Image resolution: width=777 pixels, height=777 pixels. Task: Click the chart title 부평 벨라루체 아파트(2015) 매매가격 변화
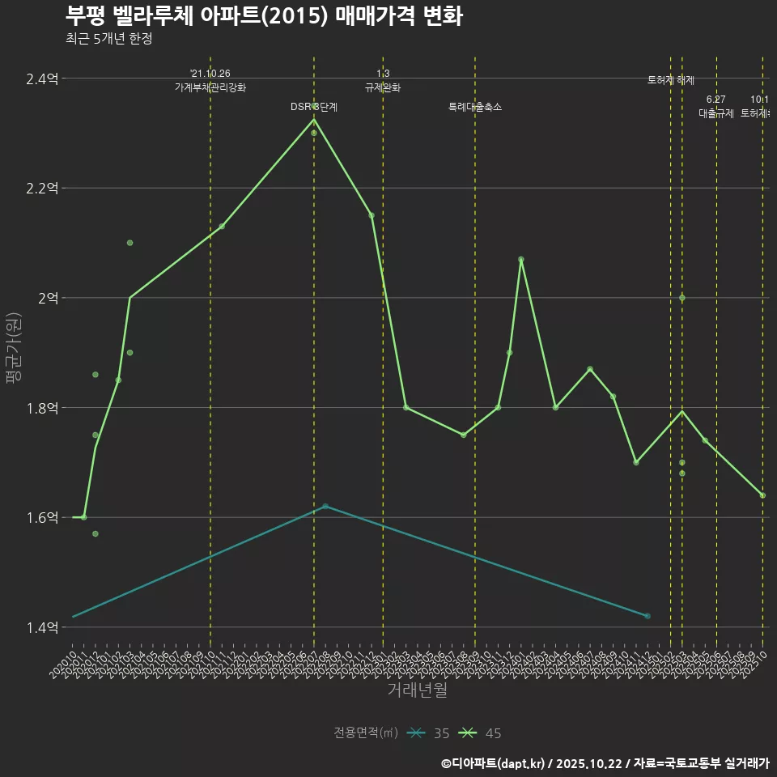(x=263, y=16)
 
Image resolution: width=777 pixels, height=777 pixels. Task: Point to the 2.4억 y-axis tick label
(x=42, y=79)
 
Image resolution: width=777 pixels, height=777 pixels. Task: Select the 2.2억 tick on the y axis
(x=42, y=188)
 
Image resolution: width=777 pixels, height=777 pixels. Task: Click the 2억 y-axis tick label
(x=47, y=298)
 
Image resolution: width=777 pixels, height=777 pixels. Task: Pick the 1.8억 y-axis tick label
(x=42, y=408)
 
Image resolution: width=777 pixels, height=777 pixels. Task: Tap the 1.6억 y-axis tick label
(x=42, y=517)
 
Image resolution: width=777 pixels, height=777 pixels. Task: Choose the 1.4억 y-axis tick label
(x=42, y=627)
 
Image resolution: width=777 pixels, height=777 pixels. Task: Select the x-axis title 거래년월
(x=417, y=690)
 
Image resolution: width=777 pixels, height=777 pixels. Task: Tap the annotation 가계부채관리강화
(x=210, y=87)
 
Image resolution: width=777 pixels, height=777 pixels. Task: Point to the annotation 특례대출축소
(x=475, y=107)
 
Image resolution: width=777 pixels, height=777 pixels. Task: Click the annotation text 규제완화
(x=383, y=87)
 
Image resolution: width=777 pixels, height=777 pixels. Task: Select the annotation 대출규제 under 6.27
(x=716, y=113)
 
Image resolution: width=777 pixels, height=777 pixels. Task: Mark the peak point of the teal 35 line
(x=325, y=506)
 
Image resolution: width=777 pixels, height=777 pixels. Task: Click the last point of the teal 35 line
(x=647, y=616)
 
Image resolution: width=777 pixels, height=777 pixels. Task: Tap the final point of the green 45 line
(x=762, y=495)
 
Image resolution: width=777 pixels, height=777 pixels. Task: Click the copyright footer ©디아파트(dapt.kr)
(x=496, y=762)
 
